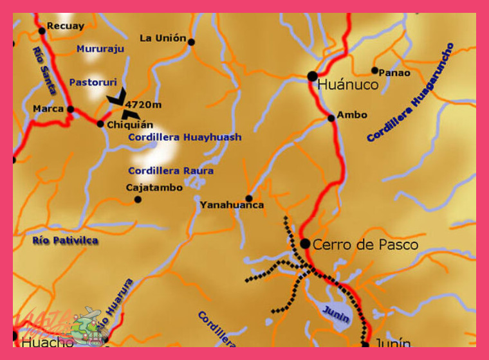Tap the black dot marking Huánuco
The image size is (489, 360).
[313, 76]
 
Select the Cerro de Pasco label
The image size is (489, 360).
[365, 245]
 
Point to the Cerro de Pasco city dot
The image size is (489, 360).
[305, 244]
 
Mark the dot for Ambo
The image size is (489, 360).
[331, 118]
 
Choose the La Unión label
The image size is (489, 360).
[163, 39]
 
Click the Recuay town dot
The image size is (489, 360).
[42, 30]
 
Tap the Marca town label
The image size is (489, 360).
[49, 109]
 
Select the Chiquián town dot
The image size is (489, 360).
[100, 123]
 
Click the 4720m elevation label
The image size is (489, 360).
[143, 105]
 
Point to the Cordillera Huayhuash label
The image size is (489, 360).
[185, 137]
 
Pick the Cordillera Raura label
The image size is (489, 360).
[171, 171]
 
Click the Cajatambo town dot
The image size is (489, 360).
[138, 199]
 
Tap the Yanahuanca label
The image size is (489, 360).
[232, 205]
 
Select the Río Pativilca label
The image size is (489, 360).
[65, 240]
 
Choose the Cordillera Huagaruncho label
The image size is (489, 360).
[411, 93]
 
